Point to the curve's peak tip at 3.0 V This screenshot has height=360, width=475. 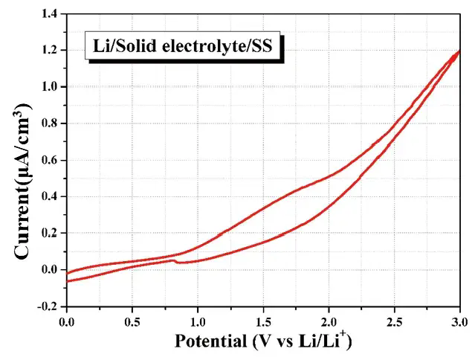(459, 51)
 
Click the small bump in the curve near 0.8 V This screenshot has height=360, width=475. (173, 260)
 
